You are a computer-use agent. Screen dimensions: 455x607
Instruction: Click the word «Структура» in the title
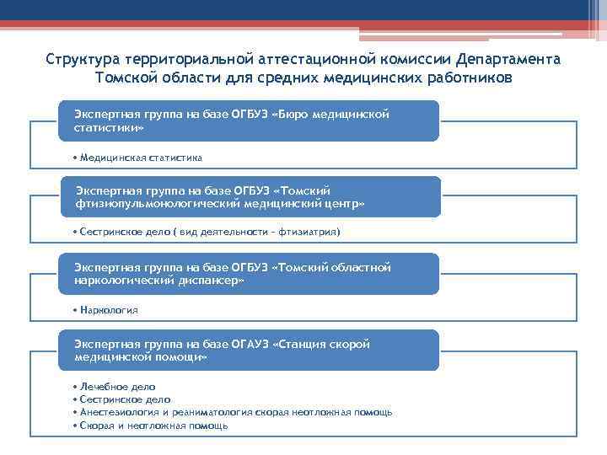pos(83,61)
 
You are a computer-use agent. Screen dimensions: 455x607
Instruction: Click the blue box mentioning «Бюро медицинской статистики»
pos(249,120)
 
